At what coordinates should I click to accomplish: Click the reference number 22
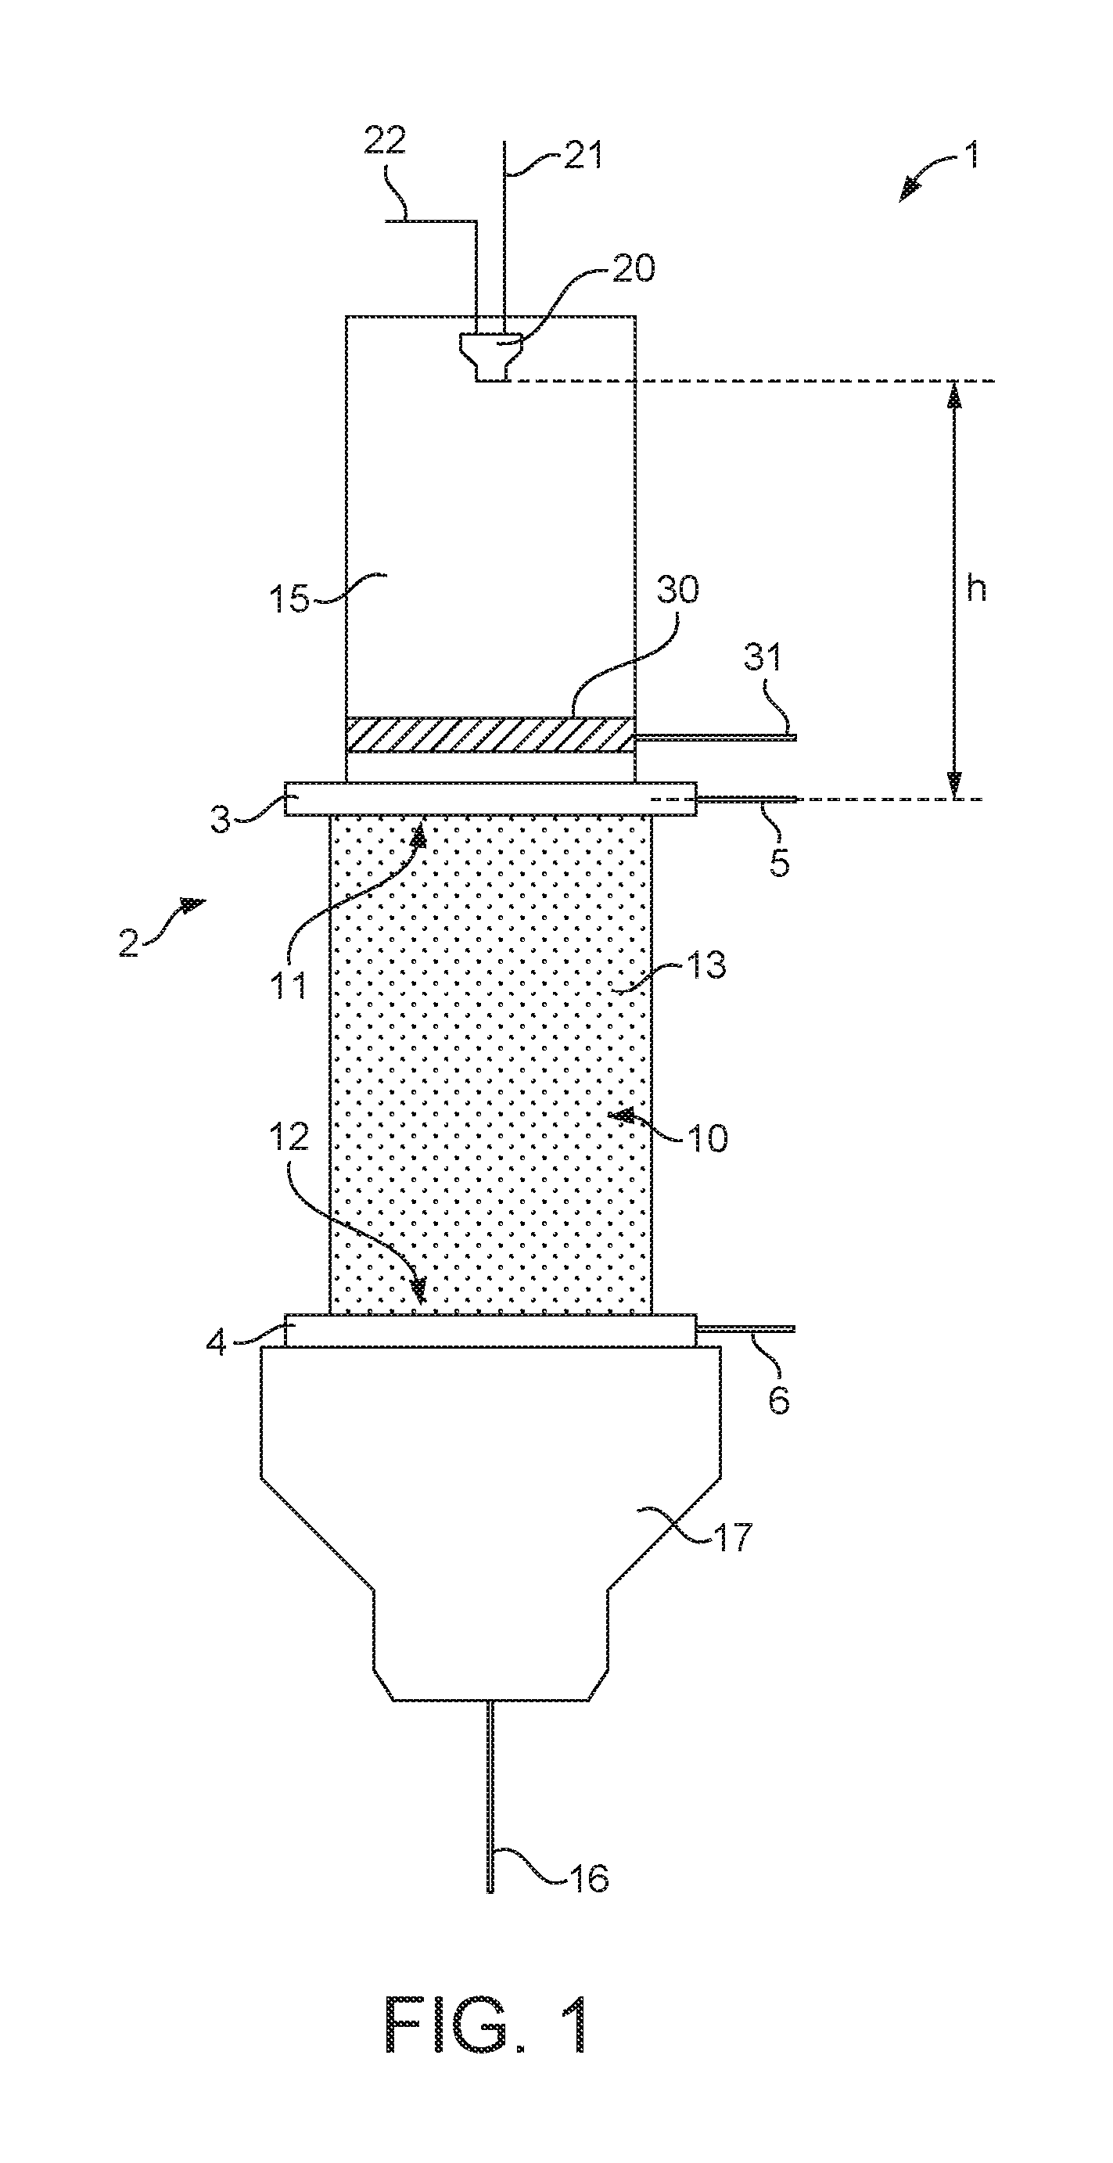click(385, 140)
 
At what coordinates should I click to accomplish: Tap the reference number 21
click(583, 155)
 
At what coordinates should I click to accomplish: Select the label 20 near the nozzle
click(634, 268)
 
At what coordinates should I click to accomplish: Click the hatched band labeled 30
click(490, 735)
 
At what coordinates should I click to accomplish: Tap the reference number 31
click(762, 656)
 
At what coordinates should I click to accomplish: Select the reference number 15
click(289, 599)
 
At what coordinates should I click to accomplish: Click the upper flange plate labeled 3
click(490, 799)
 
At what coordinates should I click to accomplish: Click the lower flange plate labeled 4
click(490, 1330)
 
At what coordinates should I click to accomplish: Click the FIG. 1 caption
click(486, 2024)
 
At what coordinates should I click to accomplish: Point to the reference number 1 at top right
click(972, 155)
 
